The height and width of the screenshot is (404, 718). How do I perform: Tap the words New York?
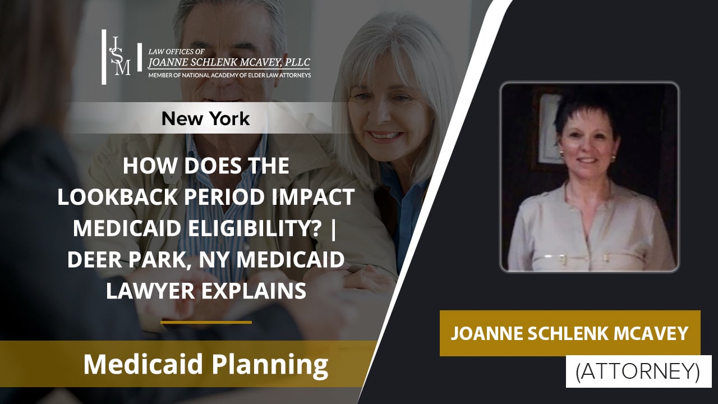click(205, 118)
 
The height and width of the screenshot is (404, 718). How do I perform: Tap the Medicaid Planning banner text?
click(205, 365)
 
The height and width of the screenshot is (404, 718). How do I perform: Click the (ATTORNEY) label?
click(638, 371)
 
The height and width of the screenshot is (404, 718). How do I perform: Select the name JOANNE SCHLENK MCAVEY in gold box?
click(570, 333)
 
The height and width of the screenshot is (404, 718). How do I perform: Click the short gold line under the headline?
click(206, 322)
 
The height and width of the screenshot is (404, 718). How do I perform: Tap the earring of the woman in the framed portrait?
click(613, 158)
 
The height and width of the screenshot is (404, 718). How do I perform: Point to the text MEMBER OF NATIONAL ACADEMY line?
click(229, 75)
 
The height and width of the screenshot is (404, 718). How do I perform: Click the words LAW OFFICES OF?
click(168, 51)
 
